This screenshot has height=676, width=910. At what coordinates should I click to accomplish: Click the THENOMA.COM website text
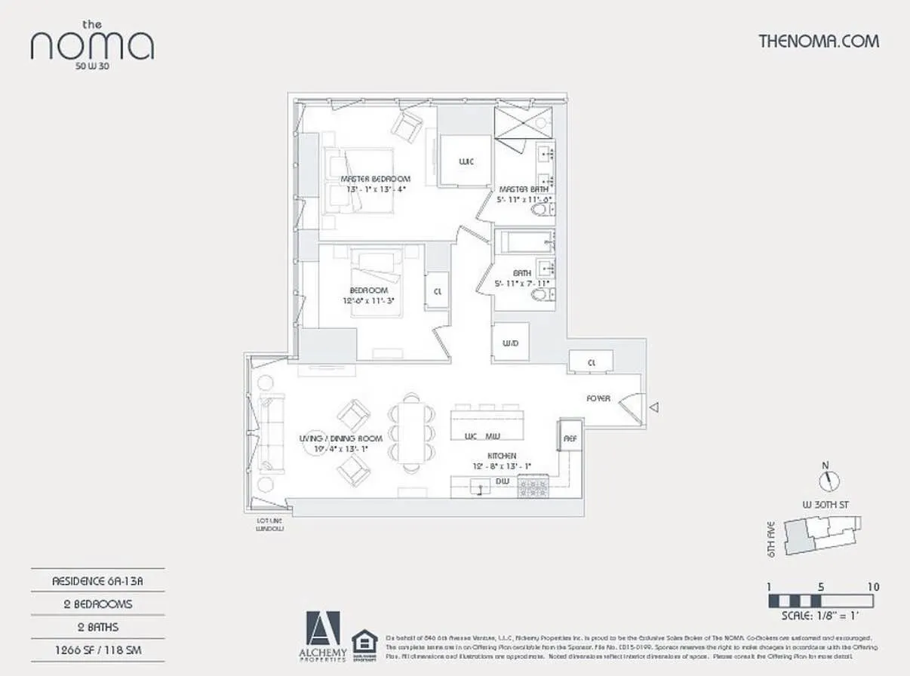click(818, 41)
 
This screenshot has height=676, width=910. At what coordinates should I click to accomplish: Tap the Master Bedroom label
click(375, 179)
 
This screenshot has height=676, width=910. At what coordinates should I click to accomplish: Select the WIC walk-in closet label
click(466, 161)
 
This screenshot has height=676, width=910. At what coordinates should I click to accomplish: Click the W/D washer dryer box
click(510, 343)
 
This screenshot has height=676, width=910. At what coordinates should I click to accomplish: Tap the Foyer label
click(598, 398)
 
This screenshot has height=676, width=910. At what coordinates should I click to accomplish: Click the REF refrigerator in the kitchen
click(569, 435)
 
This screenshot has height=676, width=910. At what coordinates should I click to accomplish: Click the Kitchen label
click(502, 456)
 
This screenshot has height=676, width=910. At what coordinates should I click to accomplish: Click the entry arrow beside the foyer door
click(654, 407)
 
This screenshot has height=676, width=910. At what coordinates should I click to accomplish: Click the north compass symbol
click(829, 479)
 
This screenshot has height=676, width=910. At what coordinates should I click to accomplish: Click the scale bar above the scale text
click(821, 601)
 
